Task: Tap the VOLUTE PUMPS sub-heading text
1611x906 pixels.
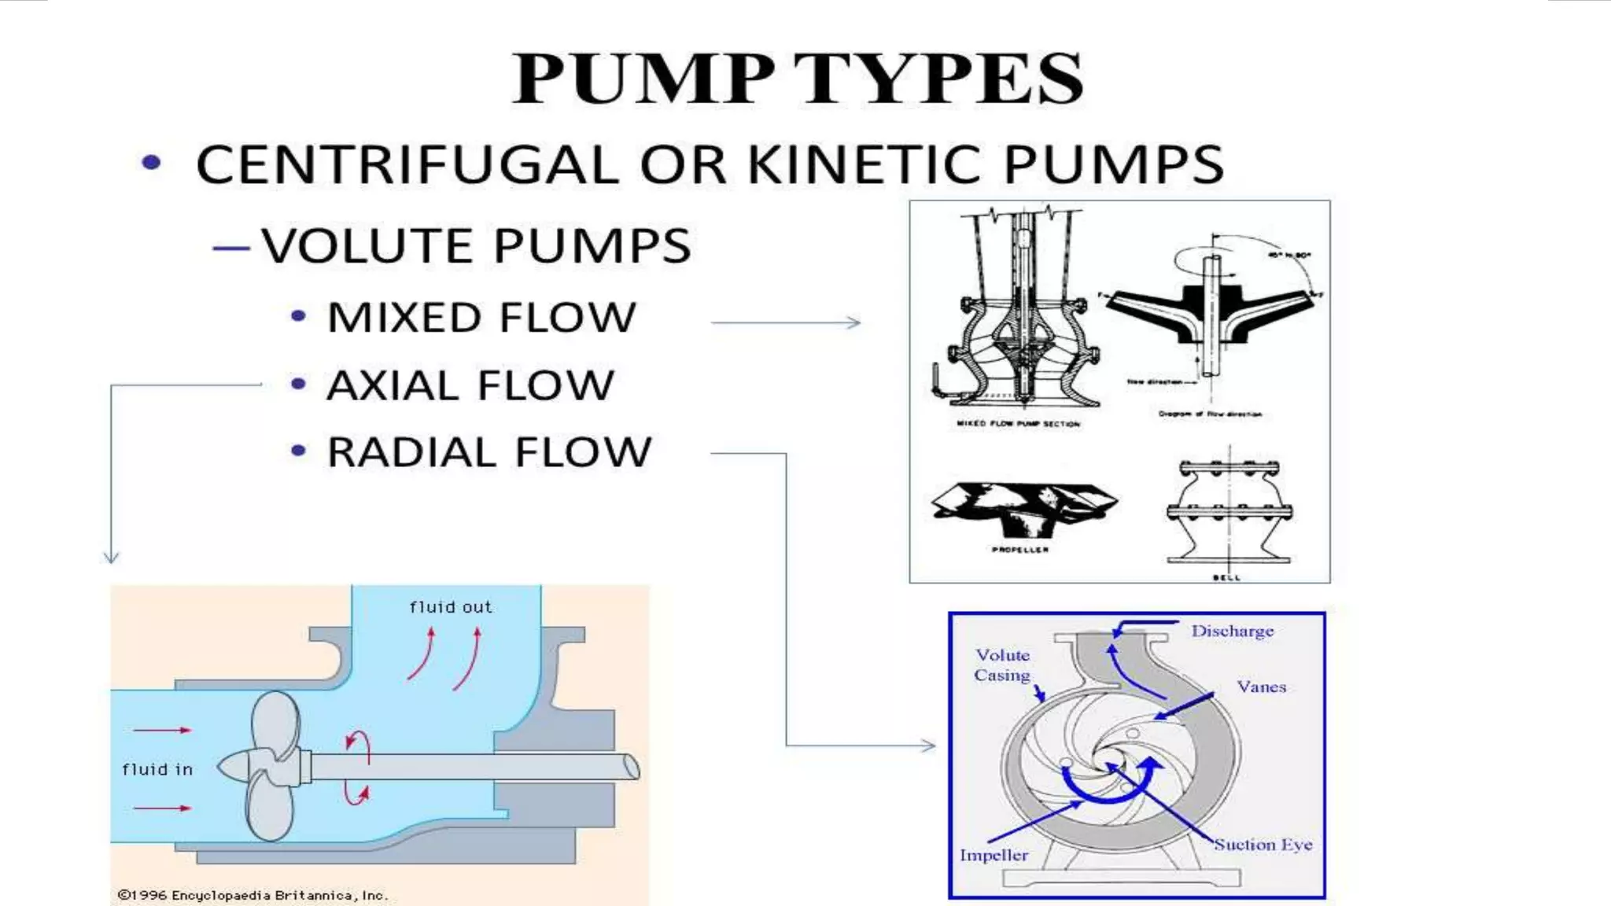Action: pyautogui.click(x=476, y=245)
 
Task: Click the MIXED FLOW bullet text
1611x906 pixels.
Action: pyautogui.click(x=481, y=318)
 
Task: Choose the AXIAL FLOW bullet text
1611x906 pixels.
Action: pyautogui.click(x=470, y=385)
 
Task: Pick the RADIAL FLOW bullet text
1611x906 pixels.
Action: pyautogui.click(x=489, y=452)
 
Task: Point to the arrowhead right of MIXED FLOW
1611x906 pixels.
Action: pyautogui.click(x=854, y=322)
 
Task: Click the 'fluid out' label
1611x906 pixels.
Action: pyautogui.click(x=451, y=607)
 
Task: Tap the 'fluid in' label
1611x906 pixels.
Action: pyautogui.click(x=157, y=769)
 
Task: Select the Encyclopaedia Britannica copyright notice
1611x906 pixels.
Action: pyautogui.click(x=253, y=895)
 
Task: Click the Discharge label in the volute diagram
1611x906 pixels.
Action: pyautogui.click(x=1232, y=631)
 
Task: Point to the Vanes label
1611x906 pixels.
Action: pyautogui.click(x=1261, y=687)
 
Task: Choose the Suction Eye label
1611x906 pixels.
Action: pyautogui.click(x=1263, y=845)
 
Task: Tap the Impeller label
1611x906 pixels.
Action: pyautogui.click(x=994, y=855)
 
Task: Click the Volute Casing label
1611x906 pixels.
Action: pyautogui.click(x=1002, y=665)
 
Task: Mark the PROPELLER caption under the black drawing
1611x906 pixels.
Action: pyautogui.click(x=1020, y=550)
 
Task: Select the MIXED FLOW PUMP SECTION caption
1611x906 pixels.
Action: pyautogui.click(x=1019, y=424)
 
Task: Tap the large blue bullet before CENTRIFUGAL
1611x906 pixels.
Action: pyautogui.click(x=151, y=163)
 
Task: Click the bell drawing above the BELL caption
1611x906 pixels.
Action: pyautogui.click(x=1229, y=511)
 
